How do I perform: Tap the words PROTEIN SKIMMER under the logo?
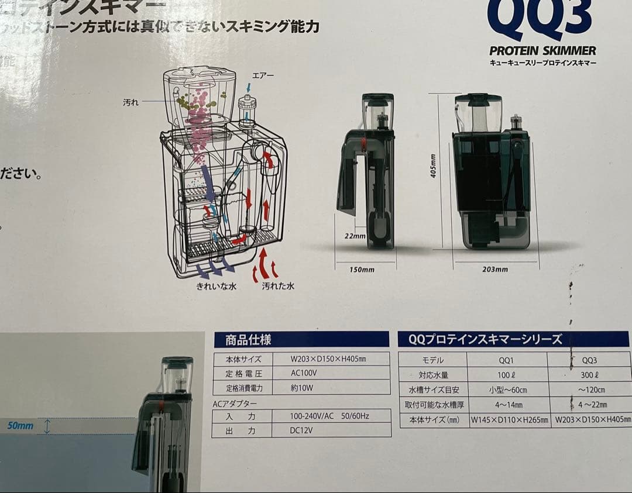point(542,50)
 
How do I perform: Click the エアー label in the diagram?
point(263,76)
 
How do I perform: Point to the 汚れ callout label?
point(130,102)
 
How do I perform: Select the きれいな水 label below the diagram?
point(217,287)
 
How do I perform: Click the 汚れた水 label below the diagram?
point(278,287)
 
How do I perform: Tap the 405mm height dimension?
point(434,166)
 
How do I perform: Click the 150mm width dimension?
point(362,270)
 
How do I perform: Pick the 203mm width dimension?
point(496,270)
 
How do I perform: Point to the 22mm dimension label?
point(355,237)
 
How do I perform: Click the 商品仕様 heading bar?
point(301,340)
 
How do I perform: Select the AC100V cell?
point(304,373)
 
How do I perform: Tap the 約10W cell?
point(303,387)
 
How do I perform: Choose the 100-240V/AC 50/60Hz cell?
point(331,416)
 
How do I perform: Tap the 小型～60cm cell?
point(507,390)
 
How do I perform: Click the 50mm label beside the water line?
point(20,426)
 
